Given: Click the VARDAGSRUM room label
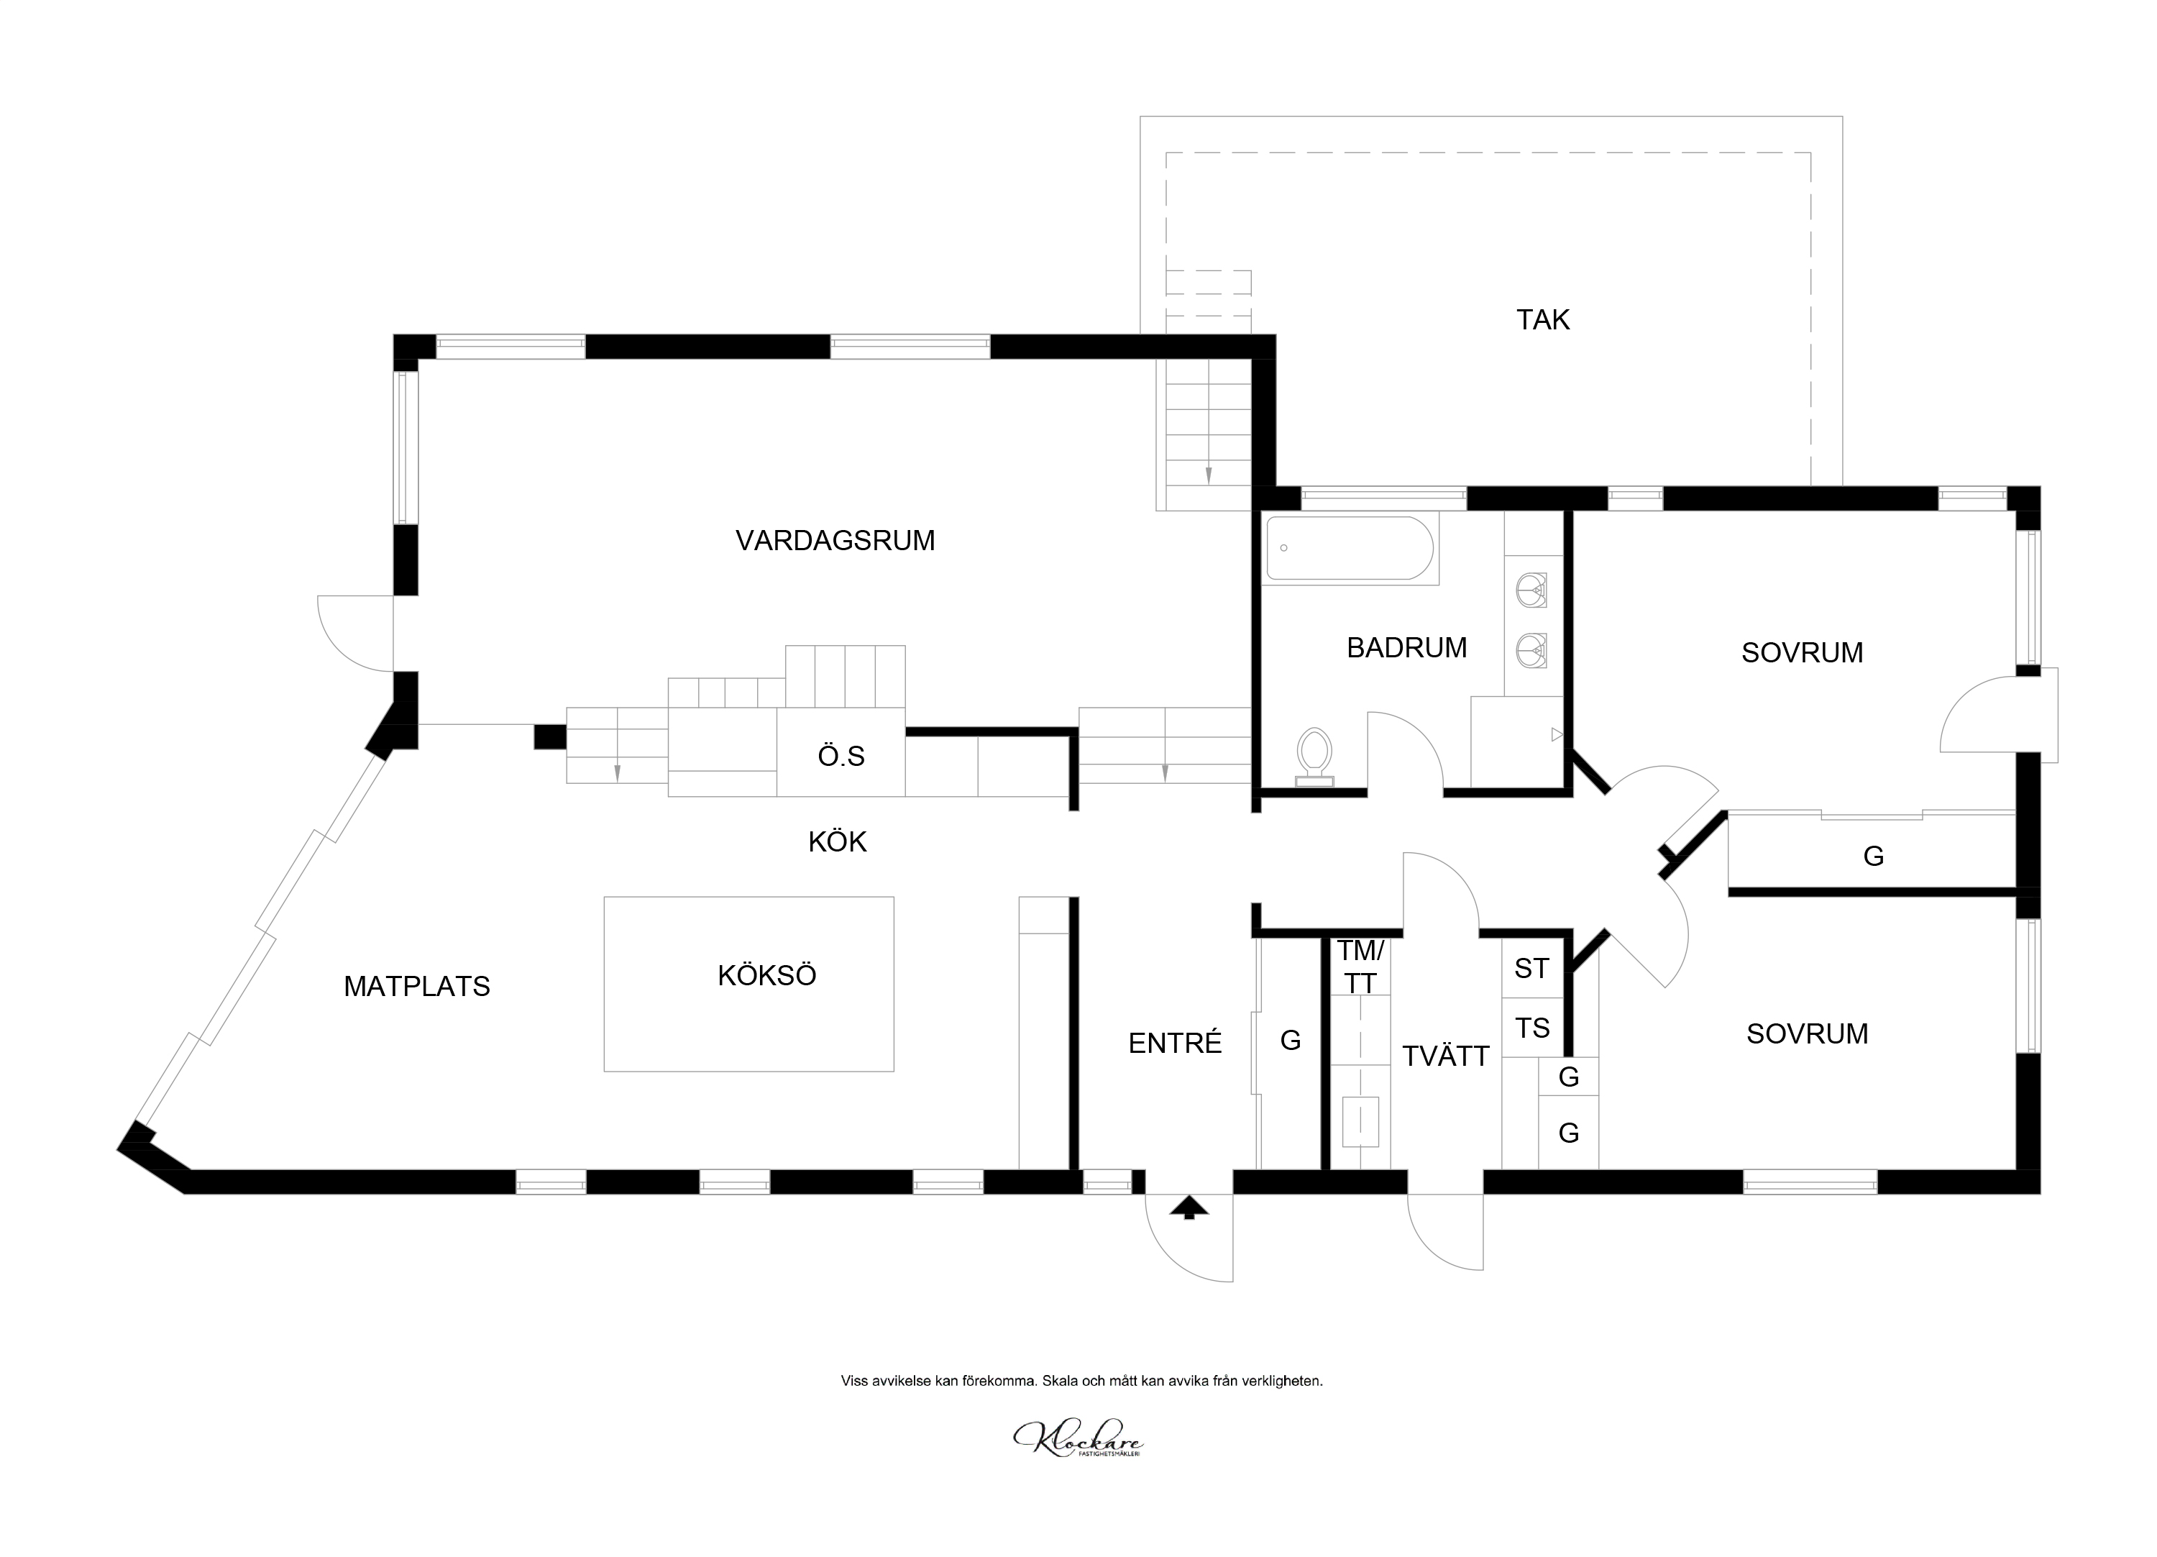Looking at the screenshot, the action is (x=835, y=540).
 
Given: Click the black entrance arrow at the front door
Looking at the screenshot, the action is (x=1189, y=1208).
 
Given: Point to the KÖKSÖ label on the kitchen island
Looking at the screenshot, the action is (x=766, y=976).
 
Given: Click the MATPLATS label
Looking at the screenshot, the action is (x=416, y=986).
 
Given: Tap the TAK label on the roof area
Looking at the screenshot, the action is (x=1543, y=319).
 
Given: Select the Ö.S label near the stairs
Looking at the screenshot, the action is (x=841, y=756).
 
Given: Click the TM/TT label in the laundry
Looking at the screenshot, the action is (x=1360, y=967).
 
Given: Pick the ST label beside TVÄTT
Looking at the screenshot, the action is (x=1531, y=968).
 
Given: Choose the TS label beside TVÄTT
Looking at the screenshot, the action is (x=1532, y=1028).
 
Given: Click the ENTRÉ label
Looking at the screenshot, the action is (x=1175, y=1044).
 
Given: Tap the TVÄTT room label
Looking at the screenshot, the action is (x=1446, y=1056).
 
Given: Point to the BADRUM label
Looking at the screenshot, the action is (x=1406, y=648).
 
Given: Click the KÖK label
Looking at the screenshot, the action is (x=837, y=841).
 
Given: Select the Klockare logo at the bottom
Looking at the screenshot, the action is (x=1078, y=1439).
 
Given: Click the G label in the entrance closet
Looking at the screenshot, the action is (x=1291, y=1041).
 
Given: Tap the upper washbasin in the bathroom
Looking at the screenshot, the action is (x=1531, y=589).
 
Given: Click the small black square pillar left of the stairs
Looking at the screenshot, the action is (x=549, y=737).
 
